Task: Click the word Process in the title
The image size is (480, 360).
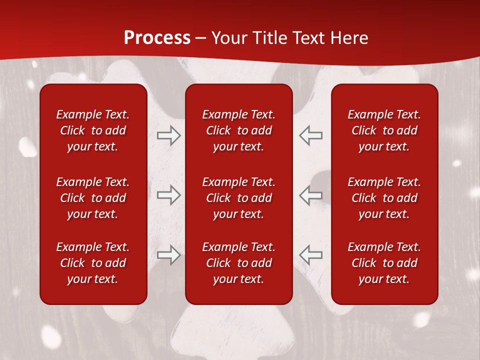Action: pyautogui.click(x=157, y=38)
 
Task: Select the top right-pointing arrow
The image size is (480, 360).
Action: pyautogui.click(x=168, y=135)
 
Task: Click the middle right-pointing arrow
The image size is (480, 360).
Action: pyautogui.click(x=168, y=195)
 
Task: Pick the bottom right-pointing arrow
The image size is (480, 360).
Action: pyautogui.click(x=168, y=255)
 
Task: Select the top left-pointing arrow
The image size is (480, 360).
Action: pyautogui.click(x=311, y=135)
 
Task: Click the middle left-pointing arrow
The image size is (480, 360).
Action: pyautogui.click(x=311, y=195)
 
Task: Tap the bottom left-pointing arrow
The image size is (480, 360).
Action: pyautogui.click(x=311, y=255)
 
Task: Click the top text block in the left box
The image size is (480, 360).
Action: pyautogui.click(x=93, y=130)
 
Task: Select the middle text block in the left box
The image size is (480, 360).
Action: pyautogui.click(x=93, y=198)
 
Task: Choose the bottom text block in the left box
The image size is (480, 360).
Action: pyautogui.click(x=93, y=263)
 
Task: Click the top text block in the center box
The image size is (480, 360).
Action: pyautogui.click(x=238, y=130)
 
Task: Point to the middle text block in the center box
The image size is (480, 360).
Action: pyautogui.click(x=238, y=198)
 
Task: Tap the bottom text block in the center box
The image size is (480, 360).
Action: pyautogui.click(x=238, y=263)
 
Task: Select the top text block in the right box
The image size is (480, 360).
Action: pyautogui.click(x=384, y=130)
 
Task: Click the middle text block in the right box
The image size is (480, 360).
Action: pyautogui.click(x=384, y=198)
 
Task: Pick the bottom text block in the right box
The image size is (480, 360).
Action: pyautogui.click(x=384, y=263)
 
